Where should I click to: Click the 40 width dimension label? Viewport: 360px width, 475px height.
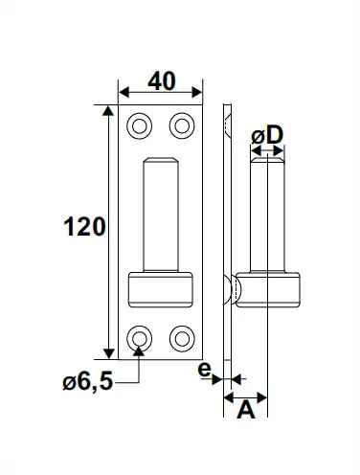[x=162, y=81]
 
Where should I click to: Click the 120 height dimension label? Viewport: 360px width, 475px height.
[x=84, y=226]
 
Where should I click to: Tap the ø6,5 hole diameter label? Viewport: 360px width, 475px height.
[x=88, y=381]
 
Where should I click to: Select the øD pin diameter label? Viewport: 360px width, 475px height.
[x=267, y=135]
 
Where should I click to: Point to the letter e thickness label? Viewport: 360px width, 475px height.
[x=205, y=370]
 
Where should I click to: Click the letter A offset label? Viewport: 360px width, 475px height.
[x=246, y=410]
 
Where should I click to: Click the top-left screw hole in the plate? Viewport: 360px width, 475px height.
[x=139, y=126]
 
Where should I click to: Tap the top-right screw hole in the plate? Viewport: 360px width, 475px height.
[x=182, y=126]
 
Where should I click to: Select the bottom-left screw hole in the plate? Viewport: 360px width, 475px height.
[x=139, y=339]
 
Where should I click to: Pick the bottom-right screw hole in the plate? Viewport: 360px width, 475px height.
[x=182, y=339]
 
